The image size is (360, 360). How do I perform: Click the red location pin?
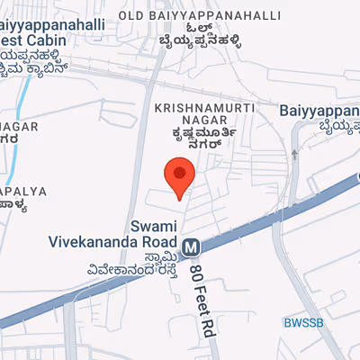(180, 176)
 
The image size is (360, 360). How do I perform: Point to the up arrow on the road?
(294, 155)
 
